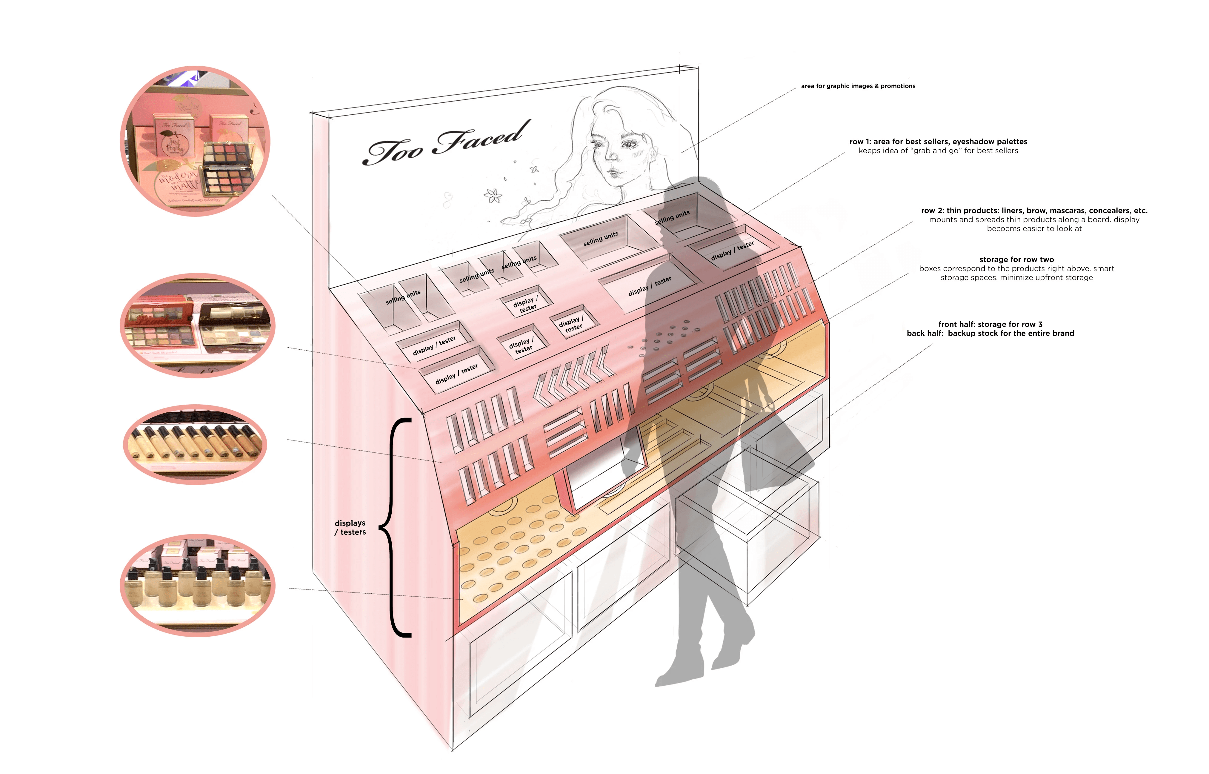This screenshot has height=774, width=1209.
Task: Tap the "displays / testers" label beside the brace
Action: pyautogui.click(x=350, y=528)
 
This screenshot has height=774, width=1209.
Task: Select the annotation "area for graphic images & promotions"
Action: pyautogui.click(x=858, y=86)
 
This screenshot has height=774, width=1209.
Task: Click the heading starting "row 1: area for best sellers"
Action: pyautogui.click(x=938, y=142)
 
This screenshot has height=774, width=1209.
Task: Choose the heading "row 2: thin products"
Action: pyautogui.click(x=1034, y=211)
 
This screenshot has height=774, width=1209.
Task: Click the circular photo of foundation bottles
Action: pyautogui.click(x=197, y=586)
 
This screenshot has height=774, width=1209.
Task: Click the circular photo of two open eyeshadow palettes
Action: pyautogui.click(x=197, y=326)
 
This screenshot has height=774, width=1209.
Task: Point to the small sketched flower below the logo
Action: pyautogui.click(x=493, y=196)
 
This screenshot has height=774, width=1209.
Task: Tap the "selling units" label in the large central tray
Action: pyautogui.click(x=601, y=239)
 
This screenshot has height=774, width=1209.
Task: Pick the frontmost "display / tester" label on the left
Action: pyautogui.click(x=456, y=374)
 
